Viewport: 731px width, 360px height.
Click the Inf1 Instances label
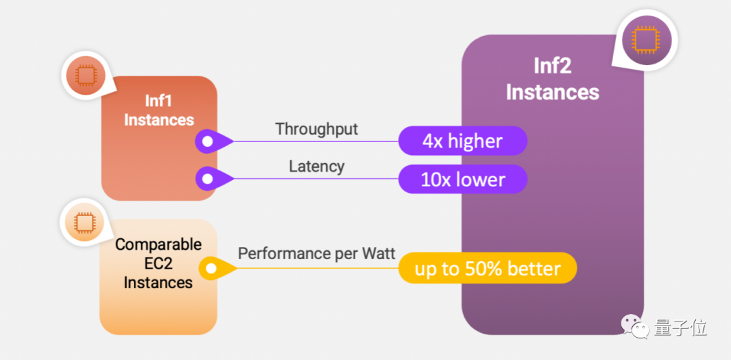[x=159, y=110]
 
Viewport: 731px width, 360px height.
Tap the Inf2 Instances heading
[x=552, y=79]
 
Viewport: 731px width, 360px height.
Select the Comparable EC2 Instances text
[x=158, y=263]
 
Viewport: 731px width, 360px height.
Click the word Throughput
[x=316, y=129]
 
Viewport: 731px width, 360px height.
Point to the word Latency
[x=316, y=166]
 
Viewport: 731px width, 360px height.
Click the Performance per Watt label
[x=316, y=253]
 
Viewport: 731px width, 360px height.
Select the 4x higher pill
[x=462, y=141]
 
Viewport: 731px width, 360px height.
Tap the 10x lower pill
[x=462, y=179]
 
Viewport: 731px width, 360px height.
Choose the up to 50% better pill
[x=487, y=269]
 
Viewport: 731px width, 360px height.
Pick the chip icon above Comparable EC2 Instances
[x=83, y=221]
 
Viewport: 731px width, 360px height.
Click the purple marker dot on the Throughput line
[x=207, y=141]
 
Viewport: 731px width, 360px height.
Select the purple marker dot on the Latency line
[x=207, y=179]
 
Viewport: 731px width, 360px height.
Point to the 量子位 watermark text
[x=680, y=328]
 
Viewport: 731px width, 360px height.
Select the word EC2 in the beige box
[x=158, y=263]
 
